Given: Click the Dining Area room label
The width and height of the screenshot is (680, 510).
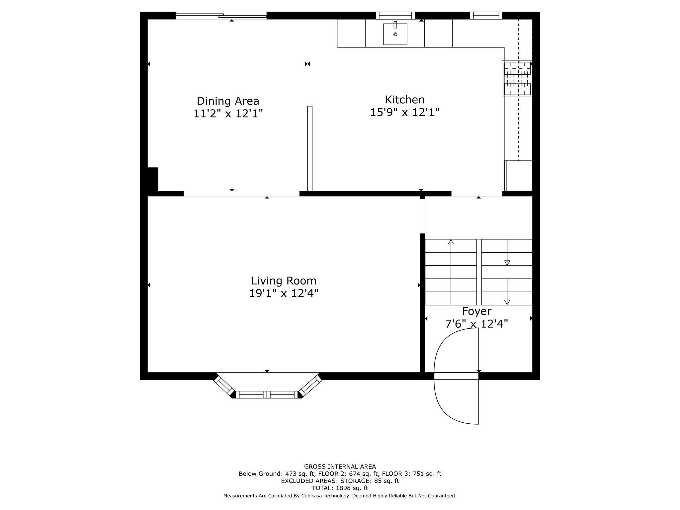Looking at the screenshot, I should [x=228, y=101].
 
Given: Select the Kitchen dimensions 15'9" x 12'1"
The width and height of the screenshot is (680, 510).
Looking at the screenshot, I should [x=404, y=113].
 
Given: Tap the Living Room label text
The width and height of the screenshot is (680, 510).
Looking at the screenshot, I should [x=284, y=281].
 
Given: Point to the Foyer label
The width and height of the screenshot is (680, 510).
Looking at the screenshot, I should [x=476, y=311].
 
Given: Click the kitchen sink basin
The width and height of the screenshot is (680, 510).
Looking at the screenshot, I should [x=395, y=34].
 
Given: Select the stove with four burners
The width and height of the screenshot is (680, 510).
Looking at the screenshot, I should [x=517, y=79].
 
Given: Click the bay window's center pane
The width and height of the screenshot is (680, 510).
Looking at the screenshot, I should [x=267, y=394].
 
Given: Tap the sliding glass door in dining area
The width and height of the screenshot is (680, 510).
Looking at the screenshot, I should [x=221, y=15].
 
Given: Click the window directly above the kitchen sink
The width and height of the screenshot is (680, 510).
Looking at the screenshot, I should [x=395, y=15].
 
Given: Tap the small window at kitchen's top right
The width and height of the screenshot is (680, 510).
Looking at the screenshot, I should [x=486, y=15].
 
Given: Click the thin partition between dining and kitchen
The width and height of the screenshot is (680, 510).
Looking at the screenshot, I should [x=310, y=148].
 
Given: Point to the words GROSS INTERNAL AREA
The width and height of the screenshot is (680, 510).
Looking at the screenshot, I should [x=340, y=467].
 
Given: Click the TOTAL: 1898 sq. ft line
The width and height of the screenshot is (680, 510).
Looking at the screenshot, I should [x=340, y=488].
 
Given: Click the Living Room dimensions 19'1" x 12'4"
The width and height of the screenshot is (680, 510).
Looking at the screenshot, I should [x=284, y=294].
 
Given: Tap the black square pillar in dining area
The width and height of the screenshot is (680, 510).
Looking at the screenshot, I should [x=153, y=179].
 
